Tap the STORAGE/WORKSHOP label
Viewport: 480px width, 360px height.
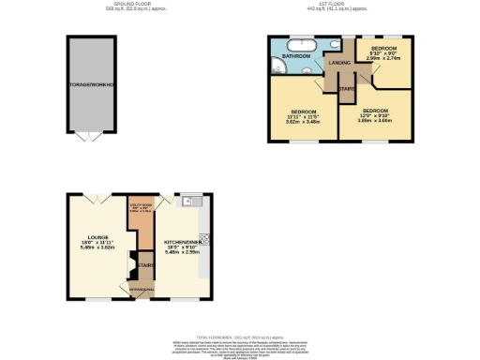click(91, 85)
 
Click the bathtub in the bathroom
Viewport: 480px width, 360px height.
click(302, 46)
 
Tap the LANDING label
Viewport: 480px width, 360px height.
click(338, 63)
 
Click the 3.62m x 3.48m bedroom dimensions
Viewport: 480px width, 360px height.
click(304, 121)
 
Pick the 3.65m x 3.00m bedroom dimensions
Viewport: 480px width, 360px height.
click(372, 120)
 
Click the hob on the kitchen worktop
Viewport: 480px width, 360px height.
click(205, 238)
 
